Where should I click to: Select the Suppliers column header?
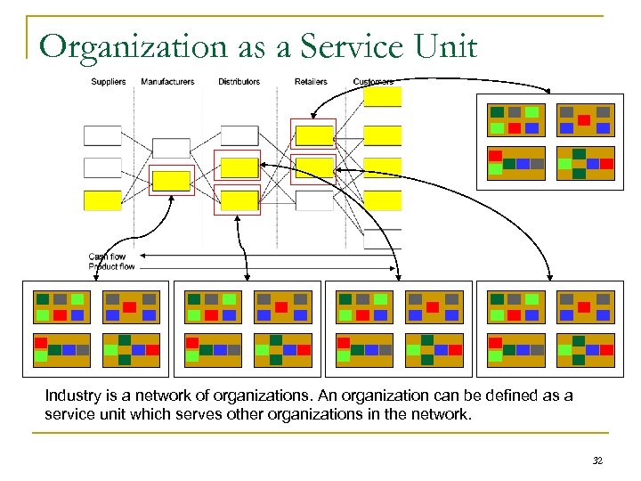click(x=108, y=82)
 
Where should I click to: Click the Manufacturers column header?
click(x=167, y=82)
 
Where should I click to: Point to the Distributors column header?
click(x=239, y=82)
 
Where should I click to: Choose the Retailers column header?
click(x=311, y=82)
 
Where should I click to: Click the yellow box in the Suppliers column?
click(x=101, y=200)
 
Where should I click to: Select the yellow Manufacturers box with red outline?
click(x=171, y=181)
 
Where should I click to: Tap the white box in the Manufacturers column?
click(x=171, y=148)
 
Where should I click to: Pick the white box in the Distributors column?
click(x=239, y=135)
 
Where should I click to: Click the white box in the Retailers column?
click(x=314, y=200)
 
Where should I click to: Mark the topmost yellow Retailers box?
click(x=314, y=135)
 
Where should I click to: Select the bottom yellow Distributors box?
click(x=239, y=200)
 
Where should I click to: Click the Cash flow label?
click(x=107, y=257)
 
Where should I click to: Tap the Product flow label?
click(x=111, y=266)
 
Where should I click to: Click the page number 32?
click(x=597, y=461)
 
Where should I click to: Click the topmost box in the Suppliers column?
click(x=101, y=135)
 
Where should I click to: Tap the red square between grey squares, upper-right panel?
click(x=584, y=119)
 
